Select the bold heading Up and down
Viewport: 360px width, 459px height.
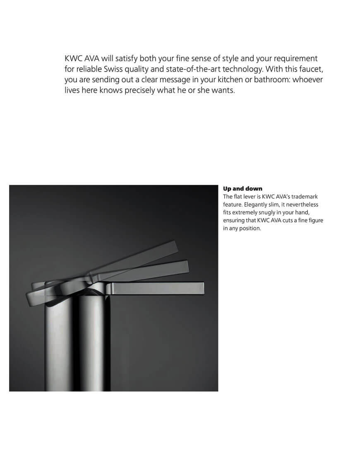pos(242,189)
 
